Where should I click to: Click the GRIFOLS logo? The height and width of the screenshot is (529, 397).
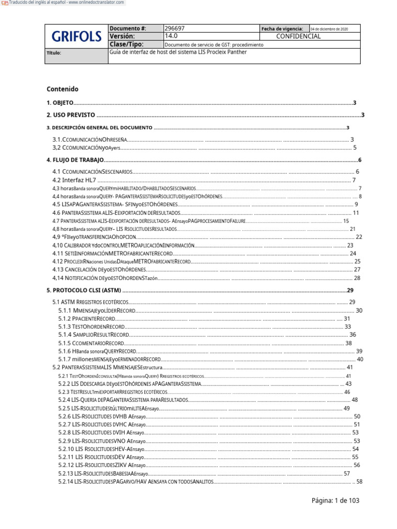(77, 37)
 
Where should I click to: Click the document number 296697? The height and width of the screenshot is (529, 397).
(174, 29)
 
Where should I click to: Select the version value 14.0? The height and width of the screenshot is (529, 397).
(171, 37)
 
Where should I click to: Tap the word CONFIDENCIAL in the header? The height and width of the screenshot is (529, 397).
(298, 37)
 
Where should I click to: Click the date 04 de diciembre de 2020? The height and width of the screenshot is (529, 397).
(329, 29)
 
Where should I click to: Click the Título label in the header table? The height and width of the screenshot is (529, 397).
(54, 53)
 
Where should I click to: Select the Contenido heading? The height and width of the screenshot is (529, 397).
(62, 89)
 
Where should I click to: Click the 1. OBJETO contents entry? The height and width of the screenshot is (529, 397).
(60, 103)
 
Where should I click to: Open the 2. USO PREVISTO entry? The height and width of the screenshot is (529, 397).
(71, 115)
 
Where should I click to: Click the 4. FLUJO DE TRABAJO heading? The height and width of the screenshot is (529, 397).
(75, 161)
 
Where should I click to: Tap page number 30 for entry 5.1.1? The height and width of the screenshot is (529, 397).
(359, 310)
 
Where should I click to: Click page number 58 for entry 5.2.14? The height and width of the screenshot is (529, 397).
(360, 482)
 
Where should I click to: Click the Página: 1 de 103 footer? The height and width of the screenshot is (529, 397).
(335, 501)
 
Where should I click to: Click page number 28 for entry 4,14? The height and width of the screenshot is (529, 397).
(357, 278)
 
